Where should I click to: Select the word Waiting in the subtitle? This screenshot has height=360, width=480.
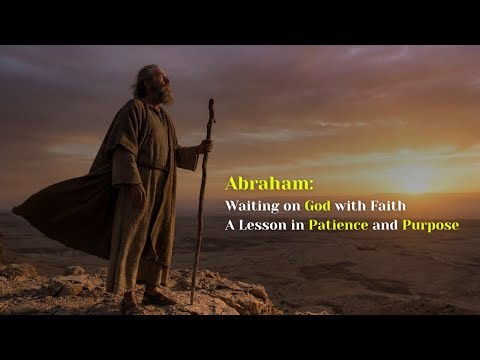coord(250,205)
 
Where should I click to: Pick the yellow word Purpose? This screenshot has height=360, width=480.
coord(430,225)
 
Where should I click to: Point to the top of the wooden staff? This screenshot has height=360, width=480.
coord(210,102)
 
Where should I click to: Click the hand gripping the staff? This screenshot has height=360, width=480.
coord(205,146)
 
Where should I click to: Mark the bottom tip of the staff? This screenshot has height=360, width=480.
coord(193,302)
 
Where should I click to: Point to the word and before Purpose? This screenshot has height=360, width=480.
coord(385,225)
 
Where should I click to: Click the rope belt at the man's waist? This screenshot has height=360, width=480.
coord(150,170)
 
